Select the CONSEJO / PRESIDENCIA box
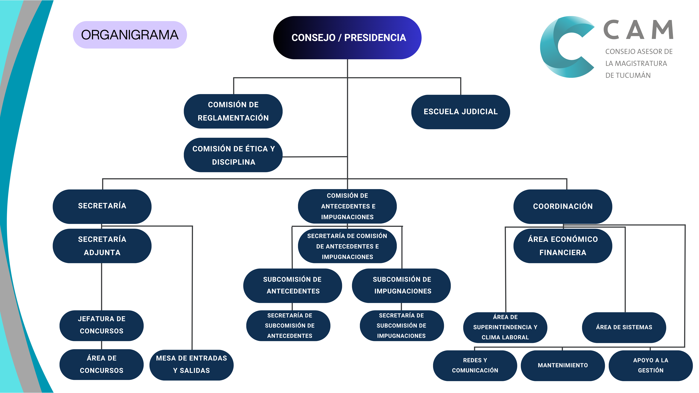[x=347, y=38]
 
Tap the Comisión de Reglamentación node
[x=233, y=111]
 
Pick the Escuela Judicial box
[x=461, y=112]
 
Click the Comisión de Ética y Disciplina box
[x=233, y=155]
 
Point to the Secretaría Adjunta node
[x=102, y=246]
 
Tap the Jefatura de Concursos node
[x=101, y=325]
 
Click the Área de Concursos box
[x=101, y=364]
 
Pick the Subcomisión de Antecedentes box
[x=293, y=285]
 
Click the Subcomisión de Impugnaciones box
[x=401, y=285]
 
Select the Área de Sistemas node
[x=624, y=327]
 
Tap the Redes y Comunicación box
[x=475, y=365]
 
